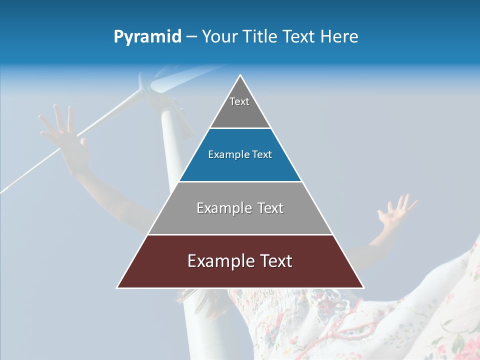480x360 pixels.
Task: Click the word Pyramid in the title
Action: point(147,37)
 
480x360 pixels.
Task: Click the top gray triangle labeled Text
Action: point(240,107)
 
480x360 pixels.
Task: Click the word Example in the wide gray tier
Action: point(218,208)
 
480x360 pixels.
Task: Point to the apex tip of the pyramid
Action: point(240,76)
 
